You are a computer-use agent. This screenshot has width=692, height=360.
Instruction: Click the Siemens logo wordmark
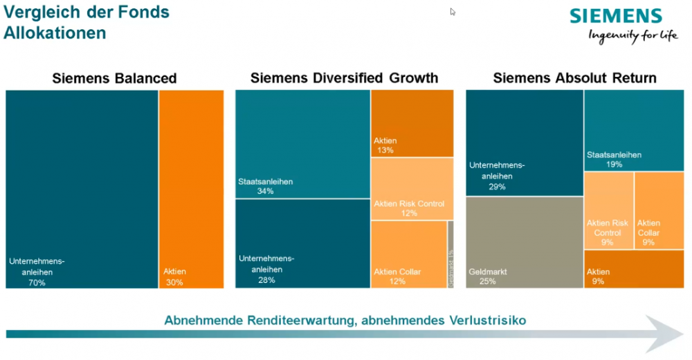[616, 16]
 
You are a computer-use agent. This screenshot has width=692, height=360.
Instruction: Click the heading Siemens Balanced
[115, 78]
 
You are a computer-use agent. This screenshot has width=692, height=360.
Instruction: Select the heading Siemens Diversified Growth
[344, 78]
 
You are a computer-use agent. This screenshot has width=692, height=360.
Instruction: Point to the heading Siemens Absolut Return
[575, 78]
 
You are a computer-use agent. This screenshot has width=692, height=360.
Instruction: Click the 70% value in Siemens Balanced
[37, 282]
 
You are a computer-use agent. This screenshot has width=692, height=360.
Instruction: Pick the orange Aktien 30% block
[192, 188]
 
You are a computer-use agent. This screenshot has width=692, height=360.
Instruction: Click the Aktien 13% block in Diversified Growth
[412, 123]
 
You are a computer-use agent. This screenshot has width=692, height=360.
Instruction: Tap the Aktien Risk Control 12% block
[412, 188]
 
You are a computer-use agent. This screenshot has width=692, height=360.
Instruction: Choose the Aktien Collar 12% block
[408, 254]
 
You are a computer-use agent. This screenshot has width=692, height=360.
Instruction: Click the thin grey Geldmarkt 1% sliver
[450, 254]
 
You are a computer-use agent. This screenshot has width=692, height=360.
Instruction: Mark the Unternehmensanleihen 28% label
[266, 269]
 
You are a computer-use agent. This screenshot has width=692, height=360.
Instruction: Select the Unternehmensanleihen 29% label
[497, 176]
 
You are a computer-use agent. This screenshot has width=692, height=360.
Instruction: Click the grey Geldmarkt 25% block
[524, 242]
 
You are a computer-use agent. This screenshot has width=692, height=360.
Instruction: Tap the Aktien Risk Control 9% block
[608, 210]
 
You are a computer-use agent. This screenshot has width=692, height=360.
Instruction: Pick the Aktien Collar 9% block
[659, 210]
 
